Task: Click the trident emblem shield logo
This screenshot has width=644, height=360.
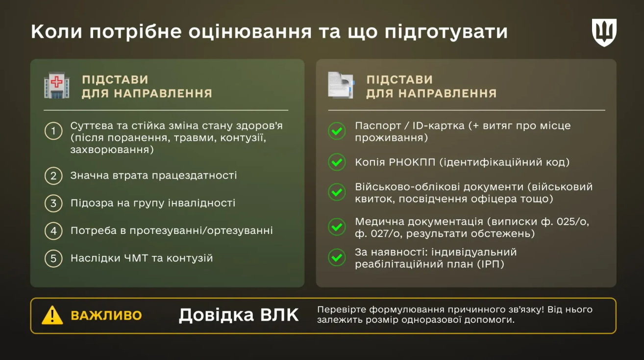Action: click(604, 33)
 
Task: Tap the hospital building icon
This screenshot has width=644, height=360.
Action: click(56, 86)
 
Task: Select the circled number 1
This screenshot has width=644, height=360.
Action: click(53, 131)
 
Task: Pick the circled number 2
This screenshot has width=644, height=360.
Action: click(53, 176)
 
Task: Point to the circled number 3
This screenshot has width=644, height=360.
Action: click(53, 203)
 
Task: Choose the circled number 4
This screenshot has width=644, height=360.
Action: click(53, 231)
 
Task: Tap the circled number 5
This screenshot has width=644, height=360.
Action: click(53, 258)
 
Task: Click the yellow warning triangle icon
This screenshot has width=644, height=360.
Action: click(52, 315)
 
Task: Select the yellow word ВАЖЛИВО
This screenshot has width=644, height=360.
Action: click(106, 315)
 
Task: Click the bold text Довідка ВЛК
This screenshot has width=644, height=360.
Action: click(238, 315)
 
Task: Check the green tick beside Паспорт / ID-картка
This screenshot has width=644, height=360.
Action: click(337, 131)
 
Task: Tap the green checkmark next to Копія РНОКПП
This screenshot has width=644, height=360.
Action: click(337, 162)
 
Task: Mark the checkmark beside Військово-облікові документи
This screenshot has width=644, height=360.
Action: click(337, 192)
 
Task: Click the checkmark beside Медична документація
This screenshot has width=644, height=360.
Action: click(337, 227)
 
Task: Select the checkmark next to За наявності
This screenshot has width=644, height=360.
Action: click(337, 257)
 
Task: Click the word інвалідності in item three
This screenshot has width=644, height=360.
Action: click(204, 203)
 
